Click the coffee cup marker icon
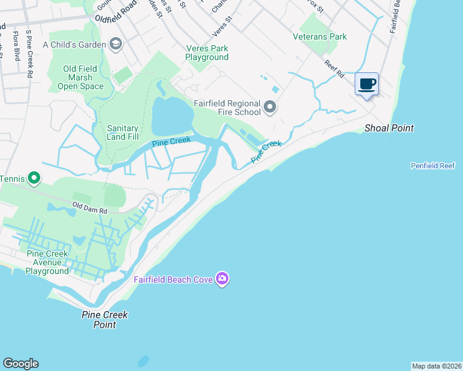367,84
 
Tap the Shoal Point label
389,128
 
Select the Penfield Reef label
433,166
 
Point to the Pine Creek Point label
105,319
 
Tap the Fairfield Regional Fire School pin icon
270,108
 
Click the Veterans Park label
319,36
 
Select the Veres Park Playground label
207,53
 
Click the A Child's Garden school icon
115,44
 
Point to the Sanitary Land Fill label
123,132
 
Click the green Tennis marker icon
34,179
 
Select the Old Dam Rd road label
90,207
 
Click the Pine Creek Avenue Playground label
47,263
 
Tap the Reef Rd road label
335,68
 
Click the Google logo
20,364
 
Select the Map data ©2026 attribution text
436,366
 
